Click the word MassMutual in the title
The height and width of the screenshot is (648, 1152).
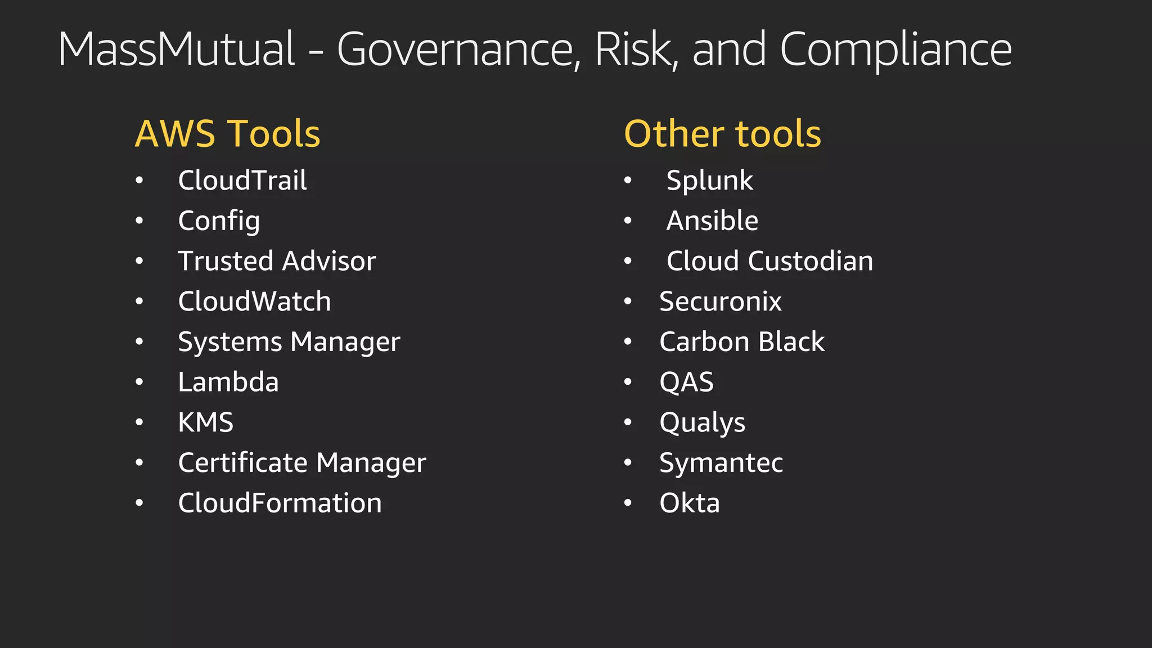(176, 49)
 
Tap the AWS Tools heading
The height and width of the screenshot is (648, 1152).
(227, 134)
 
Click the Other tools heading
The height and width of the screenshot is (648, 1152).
(722, 134)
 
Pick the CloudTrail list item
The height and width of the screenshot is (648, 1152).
(242, 181)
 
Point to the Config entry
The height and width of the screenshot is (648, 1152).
(219, 221)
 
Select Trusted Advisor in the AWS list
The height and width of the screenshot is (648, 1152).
(277, 261)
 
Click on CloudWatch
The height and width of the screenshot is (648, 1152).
(254, 301)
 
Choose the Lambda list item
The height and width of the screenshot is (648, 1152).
(228, 382)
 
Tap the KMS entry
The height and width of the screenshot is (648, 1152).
(205, 422)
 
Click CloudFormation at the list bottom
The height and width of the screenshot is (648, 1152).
(280, 503)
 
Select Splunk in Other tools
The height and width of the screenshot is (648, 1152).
(709, 181)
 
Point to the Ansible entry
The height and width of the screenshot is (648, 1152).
(712, 220)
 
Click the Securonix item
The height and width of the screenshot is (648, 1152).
(720, 301)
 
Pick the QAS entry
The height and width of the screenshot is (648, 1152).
(686, 382)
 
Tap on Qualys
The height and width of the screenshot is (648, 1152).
(702, 423)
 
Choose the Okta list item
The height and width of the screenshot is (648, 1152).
(689, 503)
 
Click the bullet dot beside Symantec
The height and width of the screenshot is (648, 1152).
(628, 463)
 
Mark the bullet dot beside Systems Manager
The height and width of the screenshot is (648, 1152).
(139, 342)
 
